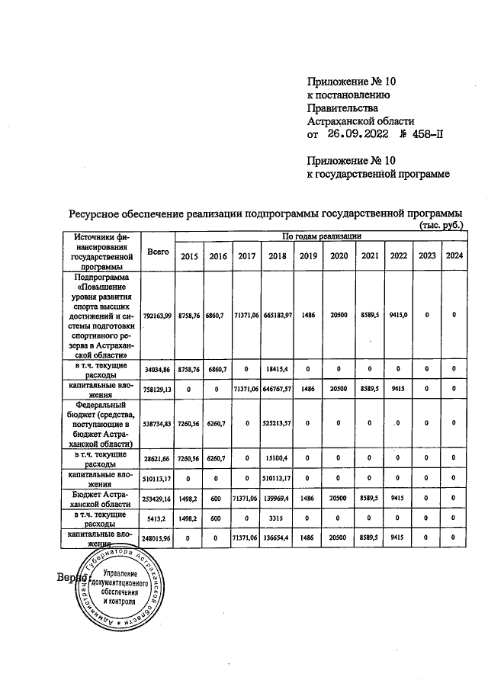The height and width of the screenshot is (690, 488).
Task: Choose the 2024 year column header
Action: point(454,256)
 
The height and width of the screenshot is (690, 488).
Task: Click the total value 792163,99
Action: point(158,315)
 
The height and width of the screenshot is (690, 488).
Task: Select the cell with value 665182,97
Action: point(280,315)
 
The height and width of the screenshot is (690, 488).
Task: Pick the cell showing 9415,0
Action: point(398,315)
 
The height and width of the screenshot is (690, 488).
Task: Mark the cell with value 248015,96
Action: point(158,538)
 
